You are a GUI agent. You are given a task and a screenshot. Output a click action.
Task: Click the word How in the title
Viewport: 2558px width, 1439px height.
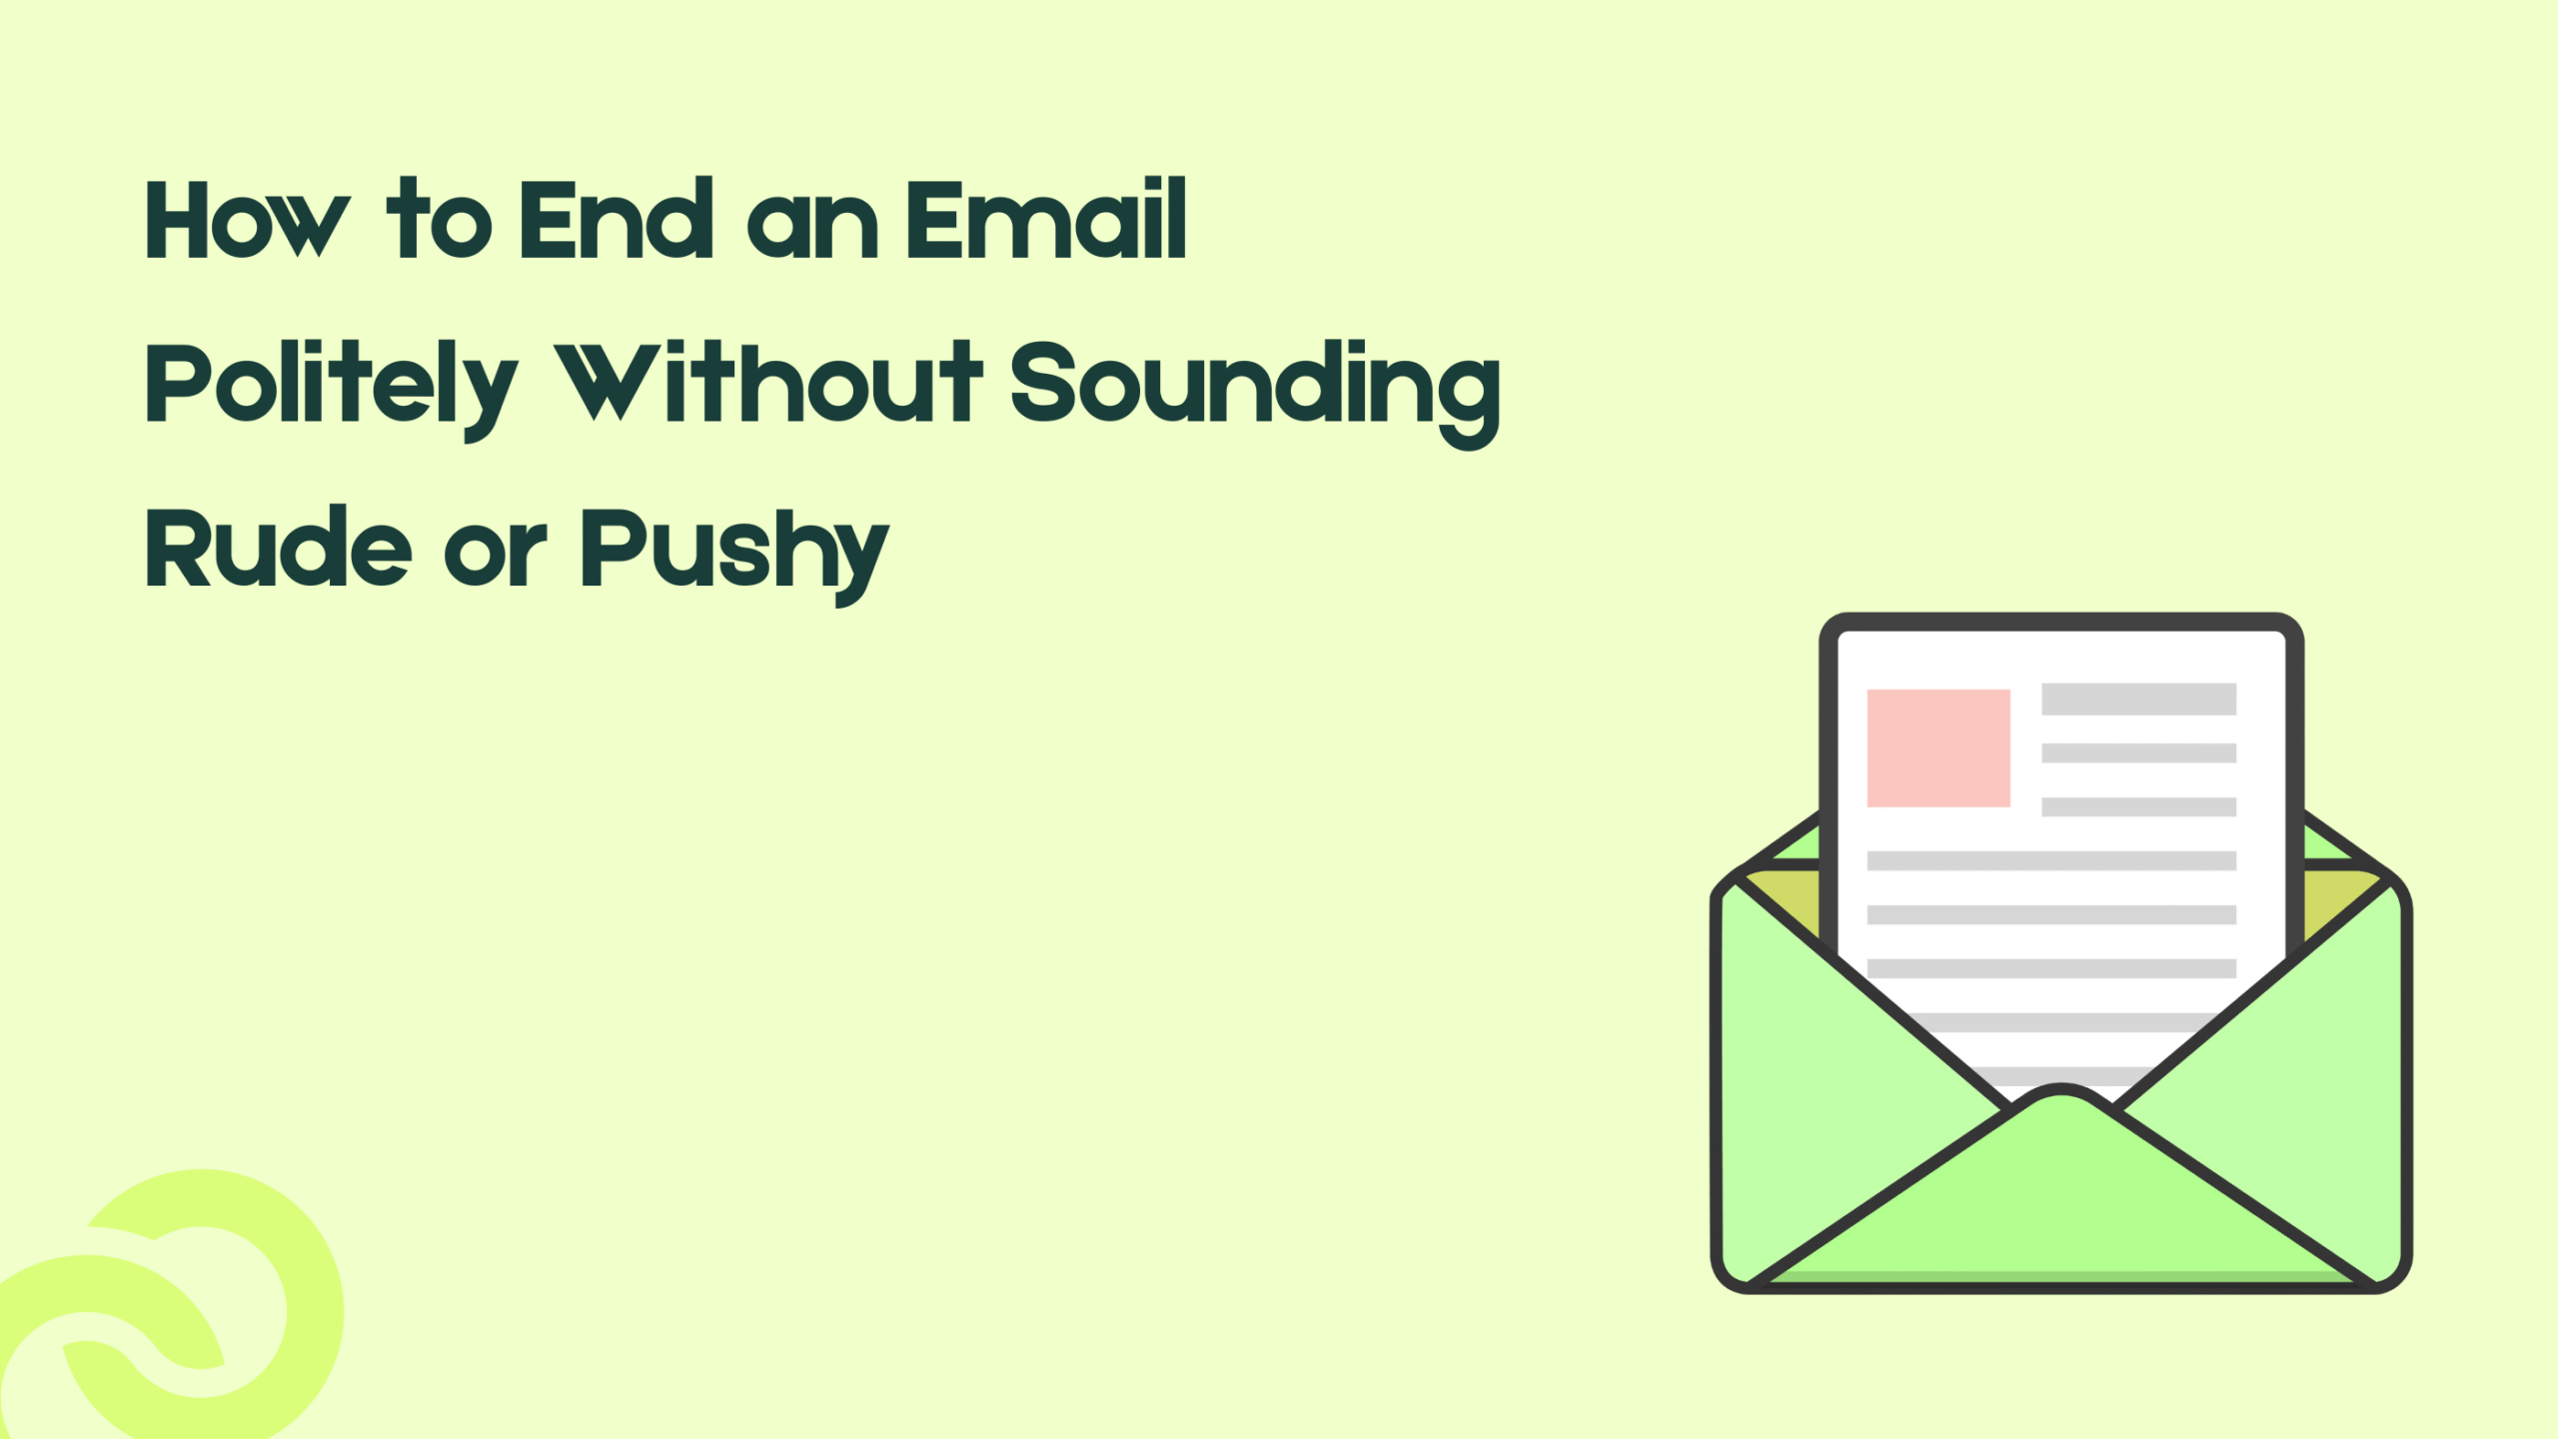(x=247, y=220)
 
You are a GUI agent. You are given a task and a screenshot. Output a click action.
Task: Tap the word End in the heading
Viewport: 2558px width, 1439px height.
(x=616, y=220)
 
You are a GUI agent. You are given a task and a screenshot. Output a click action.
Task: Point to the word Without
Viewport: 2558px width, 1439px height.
(x=768, y=384)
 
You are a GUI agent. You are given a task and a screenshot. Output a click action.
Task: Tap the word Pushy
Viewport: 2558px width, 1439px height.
(x=734, y=552)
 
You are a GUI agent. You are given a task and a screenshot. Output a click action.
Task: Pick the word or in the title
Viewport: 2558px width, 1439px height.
(x=496, y=552)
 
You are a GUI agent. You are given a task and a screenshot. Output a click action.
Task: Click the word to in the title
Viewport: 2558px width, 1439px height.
(x=439, y=220)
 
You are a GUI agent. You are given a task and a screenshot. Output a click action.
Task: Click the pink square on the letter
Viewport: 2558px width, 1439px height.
(x=1938, y=747)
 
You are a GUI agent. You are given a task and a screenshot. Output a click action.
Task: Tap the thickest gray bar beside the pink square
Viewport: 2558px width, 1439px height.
(x=2138, y=699)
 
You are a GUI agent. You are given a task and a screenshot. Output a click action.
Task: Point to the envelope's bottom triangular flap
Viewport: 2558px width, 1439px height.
(x=2060, y=1199)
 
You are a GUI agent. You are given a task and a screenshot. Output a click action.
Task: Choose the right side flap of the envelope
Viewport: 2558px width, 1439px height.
(x=2318, y=1079)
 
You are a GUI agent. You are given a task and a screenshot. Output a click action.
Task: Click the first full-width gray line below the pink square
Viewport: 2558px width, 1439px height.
(x=2051, y=860)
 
